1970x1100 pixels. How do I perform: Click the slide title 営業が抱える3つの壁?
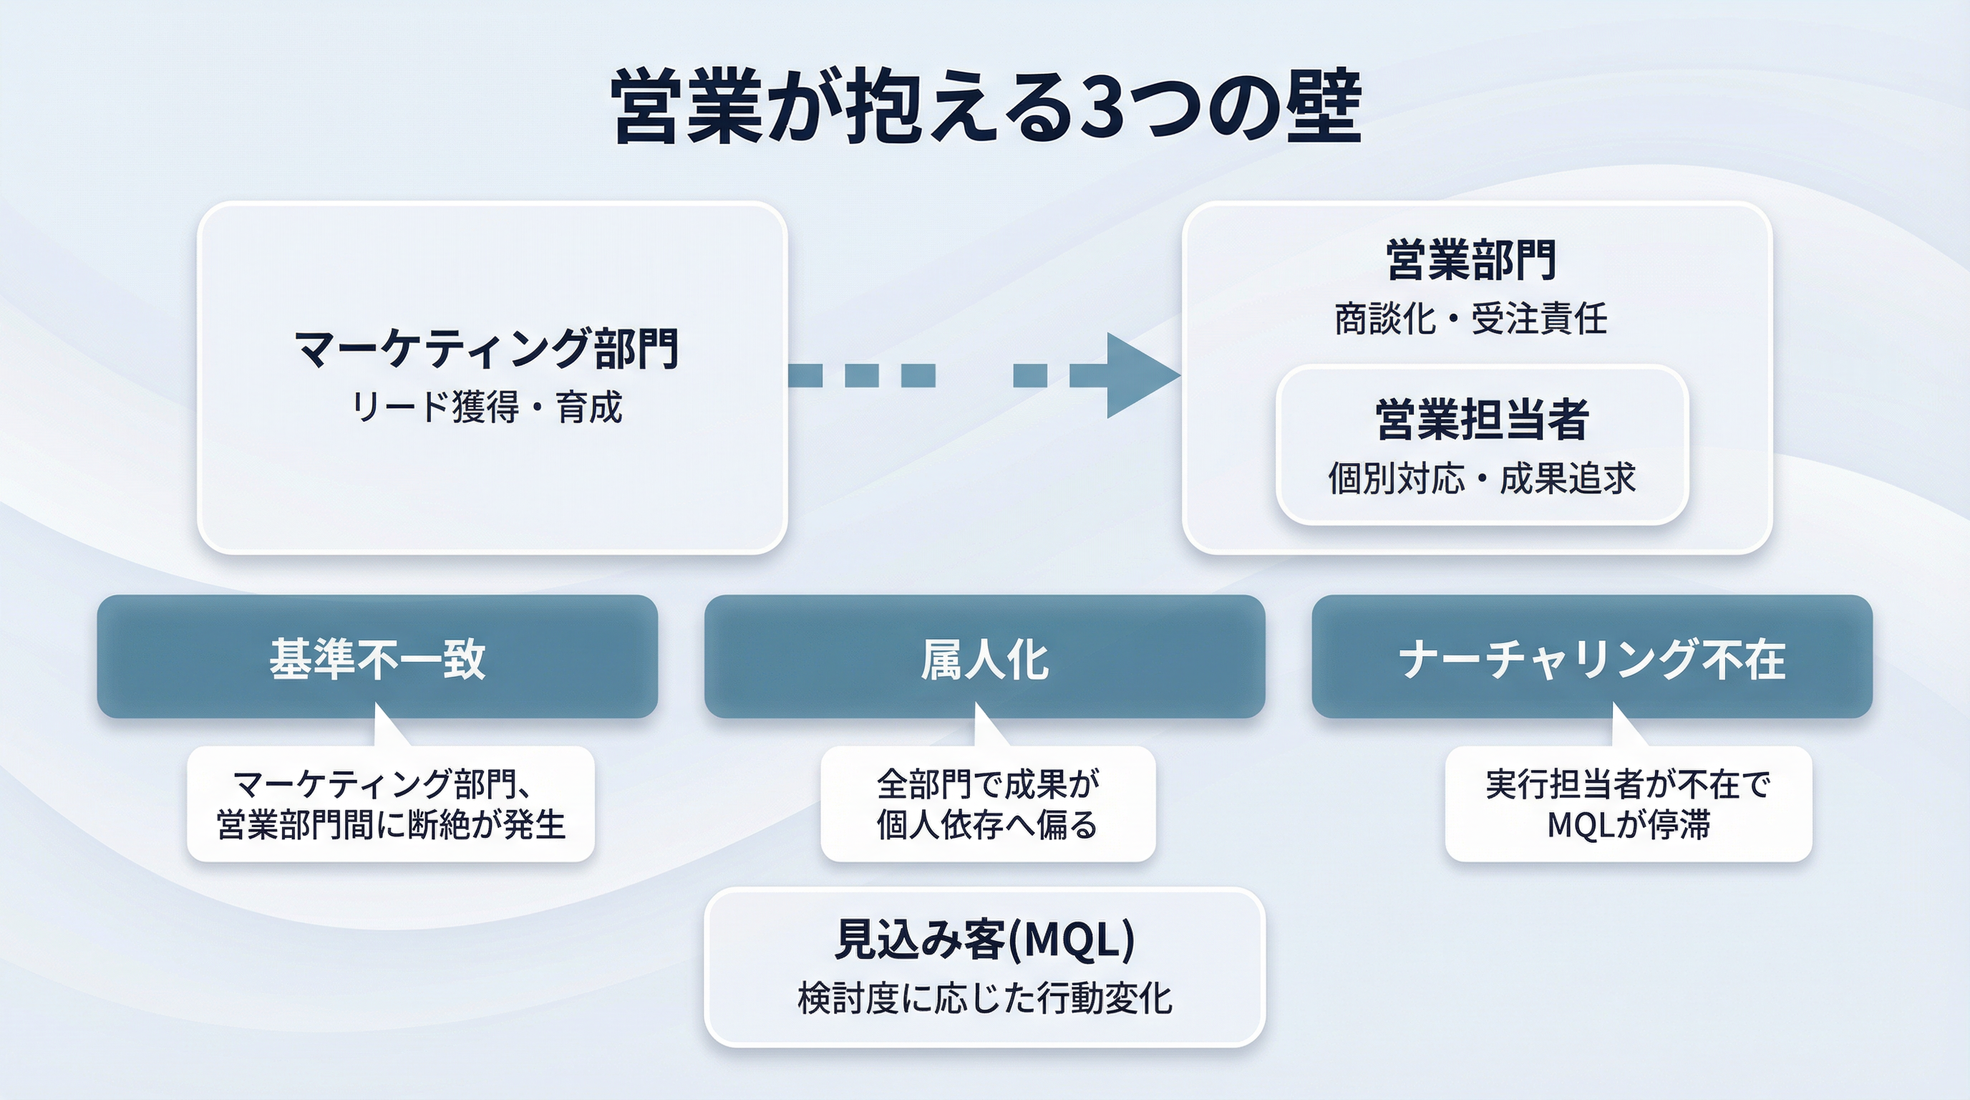click(x=986, y=107)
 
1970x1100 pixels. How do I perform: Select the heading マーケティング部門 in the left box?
click(x=487, y=349)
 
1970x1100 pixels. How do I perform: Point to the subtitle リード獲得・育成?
click(x=487, y=407)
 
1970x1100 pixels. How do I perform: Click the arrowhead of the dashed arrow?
click(x=1140, y=375)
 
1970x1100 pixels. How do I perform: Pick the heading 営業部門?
click(x=1470, y=260)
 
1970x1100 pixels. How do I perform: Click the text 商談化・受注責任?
click(x=1470, y=319)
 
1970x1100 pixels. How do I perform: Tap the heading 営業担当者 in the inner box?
click(x=1482, y=420)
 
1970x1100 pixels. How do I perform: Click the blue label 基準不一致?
click(x=377, y=659)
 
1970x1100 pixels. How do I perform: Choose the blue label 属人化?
click(x=984, y=659)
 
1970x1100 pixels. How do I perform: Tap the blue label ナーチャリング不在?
click(x=1591, y=659)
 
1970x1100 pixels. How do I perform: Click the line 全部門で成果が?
click(x=988, y=784)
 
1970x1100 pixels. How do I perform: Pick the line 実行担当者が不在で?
click(x=1628, y=784)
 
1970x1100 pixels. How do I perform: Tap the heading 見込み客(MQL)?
click(x=984, y=940)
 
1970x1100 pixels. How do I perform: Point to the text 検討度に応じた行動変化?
click(x=984, y=999)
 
